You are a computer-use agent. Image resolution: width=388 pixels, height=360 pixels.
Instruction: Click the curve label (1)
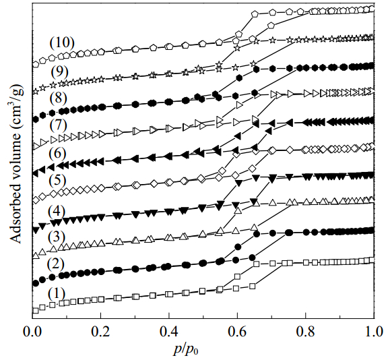click(x=57, y=293)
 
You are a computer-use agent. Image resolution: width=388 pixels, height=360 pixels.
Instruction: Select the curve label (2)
click(x=56, y=264)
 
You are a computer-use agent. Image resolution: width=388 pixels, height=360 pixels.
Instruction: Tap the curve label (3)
click(x=57, y=237)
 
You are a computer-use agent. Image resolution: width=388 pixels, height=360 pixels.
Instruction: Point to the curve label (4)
click(x=57, y=211)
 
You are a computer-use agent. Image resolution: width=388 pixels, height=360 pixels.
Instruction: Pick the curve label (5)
click(x=57, y=180)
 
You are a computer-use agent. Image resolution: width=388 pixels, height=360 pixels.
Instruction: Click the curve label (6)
click(x=57, y=154)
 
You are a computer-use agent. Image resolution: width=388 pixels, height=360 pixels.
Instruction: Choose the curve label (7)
click(x=59, y=125)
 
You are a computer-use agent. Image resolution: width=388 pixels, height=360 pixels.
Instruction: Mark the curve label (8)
click(x=59, y=98)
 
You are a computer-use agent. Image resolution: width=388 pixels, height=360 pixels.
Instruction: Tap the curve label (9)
click(x=59, y=72)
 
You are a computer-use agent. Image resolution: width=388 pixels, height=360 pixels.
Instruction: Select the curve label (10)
click(x=62, y=42)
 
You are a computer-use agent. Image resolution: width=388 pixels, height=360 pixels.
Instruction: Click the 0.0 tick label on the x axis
click(x=32, y=332)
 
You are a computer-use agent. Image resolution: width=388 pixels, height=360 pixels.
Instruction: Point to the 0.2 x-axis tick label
click(x=100, y=332)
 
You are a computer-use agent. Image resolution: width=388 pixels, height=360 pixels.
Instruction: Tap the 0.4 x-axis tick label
click(x=169, y=332)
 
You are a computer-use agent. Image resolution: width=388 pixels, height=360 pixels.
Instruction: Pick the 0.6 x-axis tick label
click(x=237, y=332)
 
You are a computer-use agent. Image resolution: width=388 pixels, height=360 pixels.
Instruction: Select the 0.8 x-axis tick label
click(x=305, y=332)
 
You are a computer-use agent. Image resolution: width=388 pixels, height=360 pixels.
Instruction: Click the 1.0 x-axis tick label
click(x=374, y=332)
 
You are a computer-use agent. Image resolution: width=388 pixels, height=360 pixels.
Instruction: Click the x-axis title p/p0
click(x=186, y=351)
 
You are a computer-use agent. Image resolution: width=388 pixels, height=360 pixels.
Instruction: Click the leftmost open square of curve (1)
click(x=36, y=311)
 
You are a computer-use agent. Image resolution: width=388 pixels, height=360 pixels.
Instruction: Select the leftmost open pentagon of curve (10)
click(x=36, y=65)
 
